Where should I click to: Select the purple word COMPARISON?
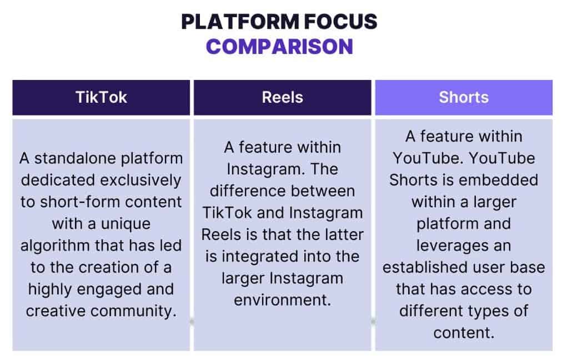279,46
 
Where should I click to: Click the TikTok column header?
101,97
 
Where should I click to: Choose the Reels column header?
282,97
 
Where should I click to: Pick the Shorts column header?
463,97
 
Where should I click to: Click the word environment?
282,300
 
